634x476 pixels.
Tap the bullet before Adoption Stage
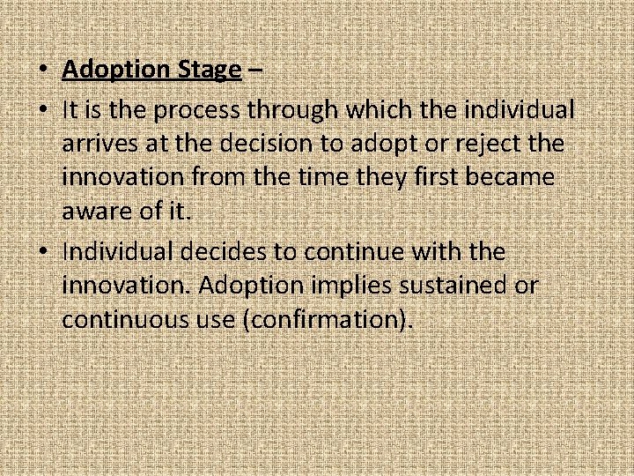pos(43,70)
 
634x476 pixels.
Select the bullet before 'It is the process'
pos(43,110)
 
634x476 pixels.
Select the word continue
pos(357,253)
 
